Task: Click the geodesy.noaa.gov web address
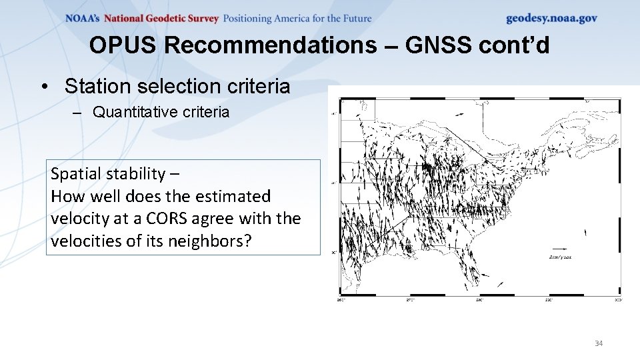pyautogui.click(x=551, y=18)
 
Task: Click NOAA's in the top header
pyautogui.click(x=83, y=18)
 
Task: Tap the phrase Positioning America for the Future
pyautogui.click(x=297, y=18)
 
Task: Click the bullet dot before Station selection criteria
pyautogui.click(x=43, y=87)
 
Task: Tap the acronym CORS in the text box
pyautogui.click(x=199, y=219)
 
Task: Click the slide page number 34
pyautogui.click(x=598, y=343)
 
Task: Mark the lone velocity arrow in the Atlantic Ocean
pyautogui.click(x=585, y=232)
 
